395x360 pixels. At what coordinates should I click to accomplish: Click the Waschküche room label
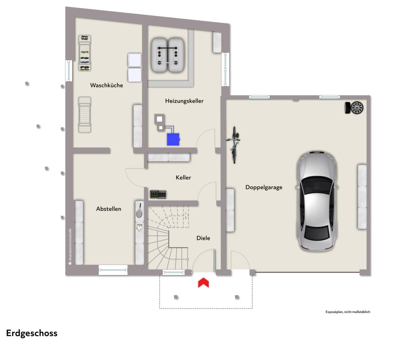[107, 85]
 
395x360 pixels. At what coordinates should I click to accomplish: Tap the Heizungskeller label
[184, 101]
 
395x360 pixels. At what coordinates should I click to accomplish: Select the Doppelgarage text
[264, 187]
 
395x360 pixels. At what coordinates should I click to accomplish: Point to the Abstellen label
[109, 209]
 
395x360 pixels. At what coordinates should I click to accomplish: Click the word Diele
[203, 238]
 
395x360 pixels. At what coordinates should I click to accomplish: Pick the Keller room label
[183, 178]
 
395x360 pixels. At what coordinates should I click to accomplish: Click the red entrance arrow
[203, 283]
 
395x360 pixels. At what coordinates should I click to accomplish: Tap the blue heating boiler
[173, 140]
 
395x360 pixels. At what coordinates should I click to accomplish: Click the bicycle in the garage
[234, 145]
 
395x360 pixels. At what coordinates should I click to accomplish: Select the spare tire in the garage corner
[354, 108]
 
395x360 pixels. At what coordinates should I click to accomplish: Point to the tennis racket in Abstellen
[140, 210]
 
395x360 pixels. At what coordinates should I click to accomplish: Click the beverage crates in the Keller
[158, 194]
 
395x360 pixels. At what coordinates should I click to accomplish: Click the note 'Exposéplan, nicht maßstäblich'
[348, 312]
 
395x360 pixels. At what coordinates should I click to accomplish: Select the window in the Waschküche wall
[69, 70]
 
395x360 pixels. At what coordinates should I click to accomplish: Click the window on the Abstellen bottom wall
[113, 270]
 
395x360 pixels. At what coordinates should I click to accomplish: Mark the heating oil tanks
[168, 55]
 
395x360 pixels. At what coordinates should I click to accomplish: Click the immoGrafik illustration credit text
[70, 246]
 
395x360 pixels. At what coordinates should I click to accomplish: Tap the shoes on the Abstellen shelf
[140, 228]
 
